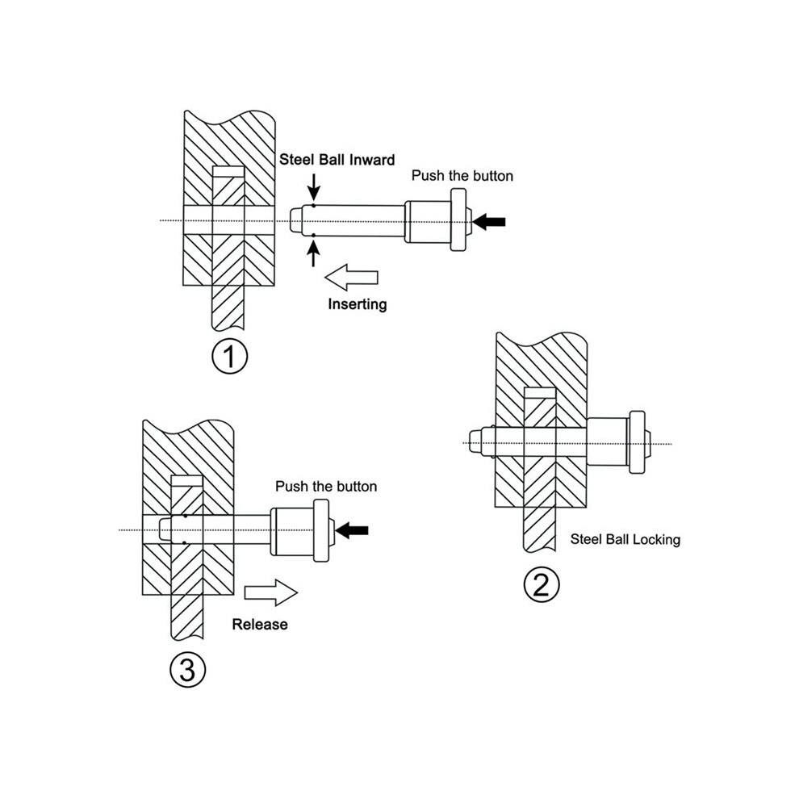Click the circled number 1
pos(229,356)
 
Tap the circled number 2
pos(542,584)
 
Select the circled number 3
pos(187,670)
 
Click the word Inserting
pos(358,304)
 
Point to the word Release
pos(259,624)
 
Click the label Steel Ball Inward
pos(337,160)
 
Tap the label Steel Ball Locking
pos(625,539)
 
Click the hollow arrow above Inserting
pos(351,277)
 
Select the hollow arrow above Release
pos(271,592)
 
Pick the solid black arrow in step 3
pos(352,530)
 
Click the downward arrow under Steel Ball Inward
pos(314,187)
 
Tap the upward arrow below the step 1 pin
pos(313,253)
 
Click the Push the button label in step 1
pos(462,176)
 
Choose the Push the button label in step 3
pos(326,486)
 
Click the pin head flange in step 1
pos(458,220)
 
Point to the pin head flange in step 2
pos(638,442)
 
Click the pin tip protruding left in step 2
pos(475,442)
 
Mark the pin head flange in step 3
pos(321,530)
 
